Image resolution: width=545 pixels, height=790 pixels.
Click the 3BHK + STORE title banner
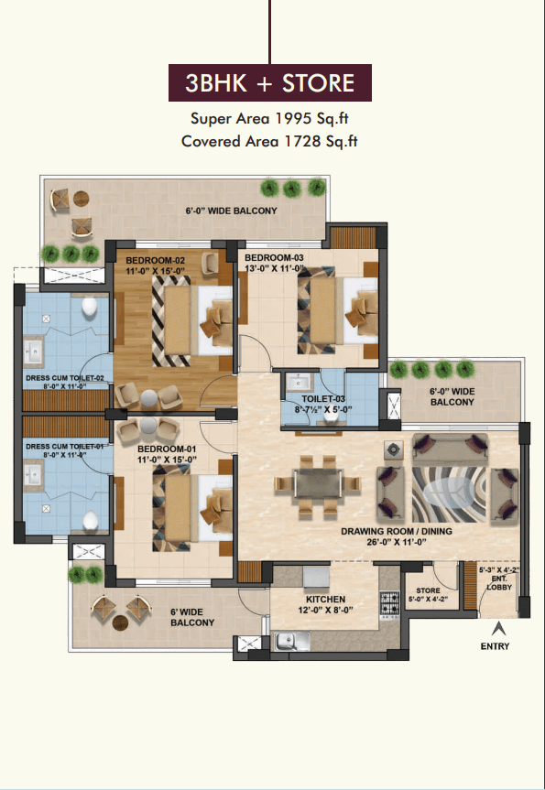tap(269, 82)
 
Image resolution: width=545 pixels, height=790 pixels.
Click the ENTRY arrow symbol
tap(498, 629)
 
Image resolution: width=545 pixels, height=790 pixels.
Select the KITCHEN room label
tap(326, 599)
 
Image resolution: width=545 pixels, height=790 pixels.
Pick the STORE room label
tap(428, 590)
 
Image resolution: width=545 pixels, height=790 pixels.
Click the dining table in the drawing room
tap(318, 483)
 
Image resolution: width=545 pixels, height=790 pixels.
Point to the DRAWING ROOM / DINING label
tap(397, 531)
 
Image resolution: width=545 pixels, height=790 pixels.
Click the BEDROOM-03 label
tap(267, 258)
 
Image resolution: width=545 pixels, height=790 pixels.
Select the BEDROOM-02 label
tap(156, 261)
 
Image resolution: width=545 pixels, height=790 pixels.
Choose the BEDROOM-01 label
tap(167, 449)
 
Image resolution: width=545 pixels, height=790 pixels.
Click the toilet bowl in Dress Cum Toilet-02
tap(89, 306)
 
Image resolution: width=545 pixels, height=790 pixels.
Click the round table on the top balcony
tap(82, 199)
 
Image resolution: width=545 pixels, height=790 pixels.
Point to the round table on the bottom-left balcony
tap(120, 622)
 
